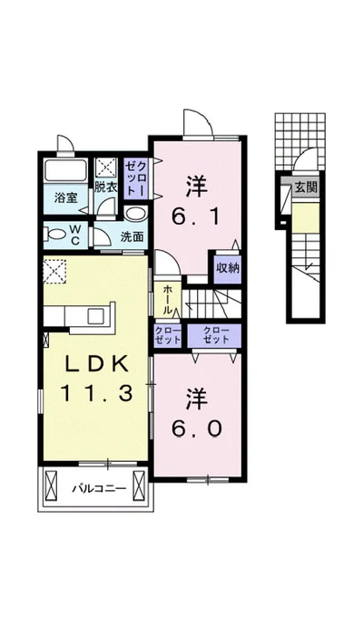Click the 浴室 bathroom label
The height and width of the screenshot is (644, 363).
[65, 198]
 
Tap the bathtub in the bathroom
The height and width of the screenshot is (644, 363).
[65, 170]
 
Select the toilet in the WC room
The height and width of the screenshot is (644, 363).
[57, 235]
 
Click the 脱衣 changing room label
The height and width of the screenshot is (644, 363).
[106, 187]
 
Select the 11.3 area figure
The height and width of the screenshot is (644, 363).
[97, 394]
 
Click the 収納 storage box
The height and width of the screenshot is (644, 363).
[227, 269]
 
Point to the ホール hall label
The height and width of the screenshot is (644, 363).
[168, 300]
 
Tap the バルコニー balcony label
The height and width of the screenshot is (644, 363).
[99, 489]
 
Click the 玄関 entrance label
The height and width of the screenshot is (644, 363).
[306, 187]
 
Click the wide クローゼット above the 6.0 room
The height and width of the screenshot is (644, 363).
[214, 335]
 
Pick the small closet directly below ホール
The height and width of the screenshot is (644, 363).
[168, 335]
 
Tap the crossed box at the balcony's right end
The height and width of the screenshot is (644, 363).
[140, 485]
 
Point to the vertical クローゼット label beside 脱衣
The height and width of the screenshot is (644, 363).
[135, 178]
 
